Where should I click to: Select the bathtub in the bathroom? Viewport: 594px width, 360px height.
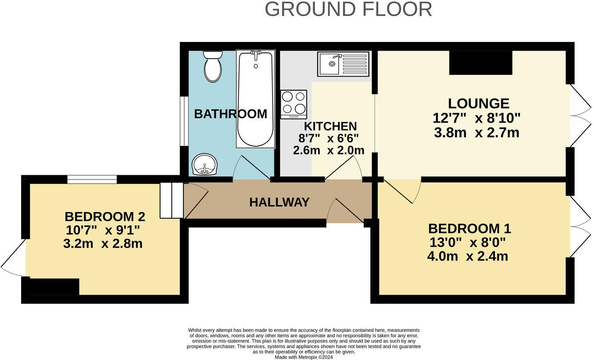(255, 99)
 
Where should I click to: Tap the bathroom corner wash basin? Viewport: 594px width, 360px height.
(204, 165)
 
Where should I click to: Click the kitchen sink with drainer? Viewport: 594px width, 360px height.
(343, 64)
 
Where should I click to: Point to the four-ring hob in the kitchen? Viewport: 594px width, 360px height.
(293, 104)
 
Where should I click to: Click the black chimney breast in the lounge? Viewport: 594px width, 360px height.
(480, 63)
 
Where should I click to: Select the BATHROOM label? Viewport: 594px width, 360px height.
(230, 114)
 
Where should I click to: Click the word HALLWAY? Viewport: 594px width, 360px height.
(279, 202)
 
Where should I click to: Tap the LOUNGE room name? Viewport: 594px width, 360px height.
(478, 103)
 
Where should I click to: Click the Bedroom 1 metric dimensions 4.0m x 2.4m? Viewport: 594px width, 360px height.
(467, 256)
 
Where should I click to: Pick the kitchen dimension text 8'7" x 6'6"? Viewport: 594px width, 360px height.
(329, 138)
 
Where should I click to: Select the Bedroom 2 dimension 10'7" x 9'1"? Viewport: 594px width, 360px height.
(103, 230)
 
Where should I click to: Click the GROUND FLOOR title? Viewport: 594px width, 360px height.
(348, 10)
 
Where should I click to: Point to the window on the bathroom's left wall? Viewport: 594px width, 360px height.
(184, 121)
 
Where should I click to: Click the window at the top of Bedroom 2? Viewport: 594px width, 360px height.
(92, 179)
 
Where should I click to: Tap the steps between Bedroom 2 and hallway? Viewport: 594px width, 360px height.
(172, 200)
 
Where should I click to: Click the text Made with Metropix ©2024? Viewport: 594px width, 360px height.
(304, 357)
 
